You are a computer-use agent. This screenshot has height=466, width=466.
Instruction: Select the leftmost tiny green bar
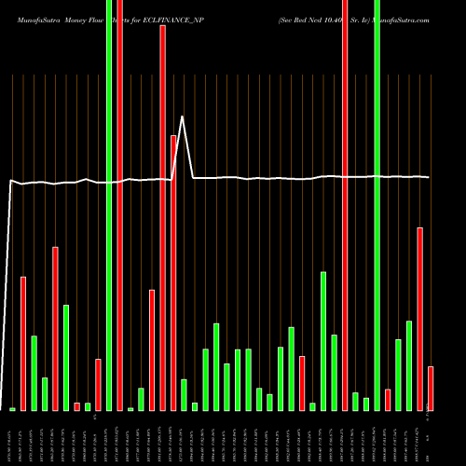click(x=13, y=409)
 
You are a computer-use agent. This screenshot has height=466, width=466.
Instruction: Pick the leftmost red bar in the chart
click(x=23, y=343)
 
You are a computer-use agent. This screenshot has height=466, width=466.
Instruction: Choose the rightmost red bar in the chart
click(x=431, y=388)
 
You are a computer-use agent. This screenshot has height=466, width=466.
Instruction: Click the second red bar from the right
click(x=420, y=319)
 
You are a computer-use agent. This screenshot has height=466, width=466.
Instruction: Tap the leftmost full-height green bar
click(x=109, y=205)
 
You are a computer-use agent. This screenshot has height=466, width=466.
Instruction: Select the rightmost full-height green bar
click(x=377, y=205)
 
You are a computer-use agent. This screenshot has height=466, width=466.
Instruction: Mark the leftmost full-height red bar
click(x=119, y=205)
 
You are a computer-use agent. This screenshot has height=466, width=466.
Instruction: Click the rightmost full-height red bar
click(x=345, y=205)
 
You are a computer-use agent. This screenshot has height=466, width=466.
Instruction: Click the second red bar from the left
click(x=55, y=328)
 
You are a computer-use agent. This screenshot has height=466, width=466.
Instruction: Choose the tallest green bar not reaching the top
click(x=323, y=341)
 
